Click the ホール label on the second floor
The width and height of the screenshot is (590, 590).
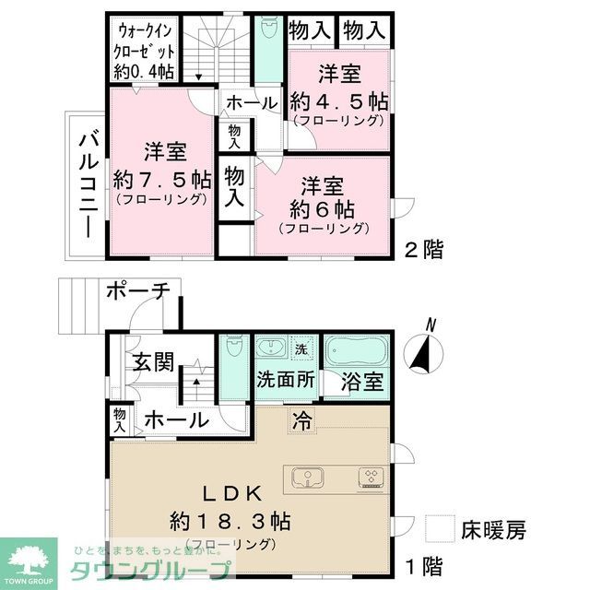coord(250,103)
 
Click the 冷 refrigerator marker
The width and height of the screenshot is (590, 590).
coord(302,420)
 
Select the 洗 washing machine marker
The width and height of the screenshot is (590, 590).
coord(301,349)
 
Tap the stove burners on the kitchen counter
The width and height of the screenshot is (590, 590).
coord(372,477)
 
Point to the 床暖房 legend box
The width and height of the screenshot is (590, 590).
coord(440,530)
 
